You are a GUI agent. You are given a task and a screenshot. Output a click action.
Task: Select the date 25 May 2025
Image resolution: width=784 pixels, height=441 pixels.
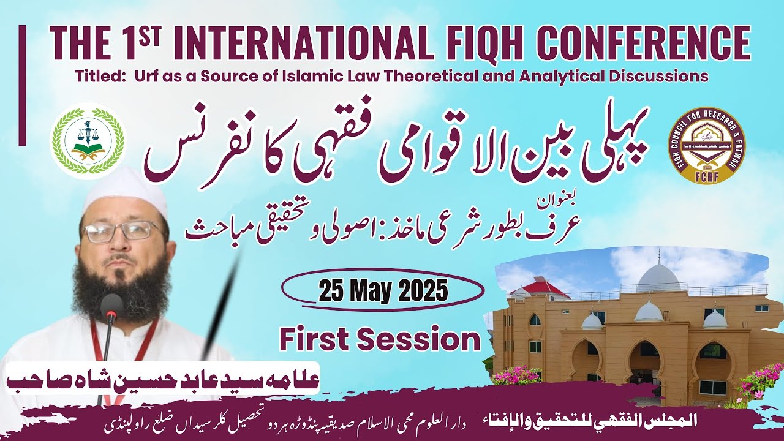[x=383, y=292]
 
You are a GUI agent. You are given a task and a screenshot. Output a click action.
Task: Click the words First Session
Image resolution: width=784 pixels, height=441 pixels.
[x=380, y=339]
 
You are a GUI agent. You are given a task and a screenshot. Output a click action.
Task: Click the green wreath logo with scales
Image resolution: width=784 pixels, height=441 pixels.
[x=88, y=141]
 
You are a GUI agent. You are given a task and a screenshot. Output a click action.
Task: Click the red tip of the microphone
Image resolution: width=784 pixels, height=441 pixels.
[x=111, y=312]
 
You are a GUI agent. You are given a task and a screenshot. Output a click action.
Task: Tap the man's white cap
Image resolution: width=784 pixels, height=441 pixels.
[x=126, y=190]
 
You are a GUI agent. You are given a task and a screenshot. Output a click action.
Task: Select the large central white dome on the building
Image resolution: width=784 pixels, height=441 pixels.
[x=659, y=278]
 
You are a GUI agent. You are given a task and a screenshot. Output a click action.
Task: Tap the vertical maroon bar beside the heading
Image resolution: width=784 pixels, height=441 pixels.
[x=23, y=85]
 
